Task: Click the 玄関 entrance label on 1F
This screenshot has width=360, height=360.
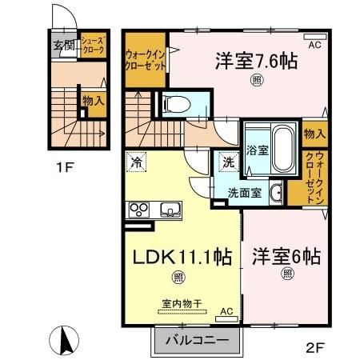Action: [x=63, y=46]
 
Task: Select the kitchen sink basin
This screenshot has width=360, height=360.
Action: [x=171, y=210]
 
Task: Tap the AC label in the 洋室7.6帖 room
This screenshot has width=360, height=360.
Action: [x=315, y=46]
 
